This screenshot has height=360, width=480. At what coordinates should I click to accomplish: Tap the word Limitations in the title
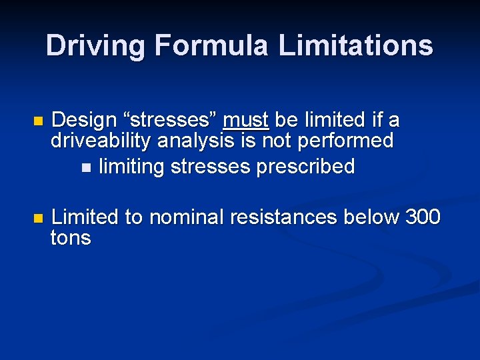coord(356,46)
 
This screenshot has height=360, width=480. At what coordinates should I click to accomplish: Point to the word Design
coord(85,121)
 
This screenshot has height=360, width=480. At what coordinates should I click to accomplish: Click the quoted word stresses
coord(170,121)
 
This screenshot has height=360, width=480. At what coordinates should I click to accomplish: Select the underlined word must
coord(246,121)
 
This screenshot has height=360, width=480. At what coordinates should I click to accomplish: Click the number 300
coord(423,217)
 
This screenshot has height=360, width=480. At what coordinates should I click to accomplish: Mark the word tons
coord(71,238)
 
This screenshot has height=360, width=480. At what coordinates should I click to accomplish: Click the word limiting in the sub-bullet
coord(131,167)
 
